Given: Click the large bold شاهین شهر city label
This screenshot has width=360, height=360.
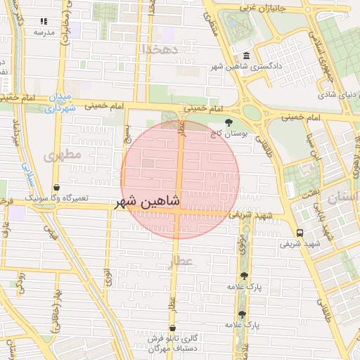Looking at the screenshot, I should point(148,202).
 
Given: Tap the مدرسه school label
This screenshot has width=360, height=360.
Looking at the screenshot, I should point(44,32).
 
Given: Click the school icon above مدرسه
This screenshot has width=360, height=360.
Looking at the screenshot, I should point(44,22).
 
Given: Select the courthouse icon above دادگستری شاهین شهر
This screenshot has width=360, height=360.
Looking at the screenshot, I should point(245,56).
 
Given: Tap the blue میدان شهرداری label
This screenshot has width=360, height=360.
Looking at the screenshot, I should point(60,103).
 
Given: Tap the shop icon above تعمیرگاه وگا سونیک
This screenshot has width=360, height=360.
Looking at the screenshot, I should point(56,188).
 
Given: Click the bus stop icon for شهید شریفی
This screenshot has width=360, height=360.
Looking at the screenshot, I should point(300,233).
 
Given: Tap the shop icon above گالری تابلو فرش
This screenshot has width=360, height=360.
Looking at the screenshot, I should point(172,328).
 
